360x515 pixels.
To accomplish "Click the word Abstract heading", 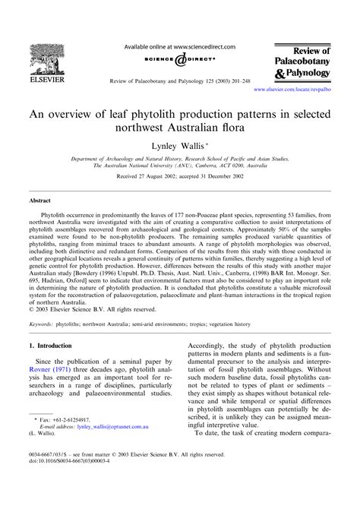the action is tap(40, 203).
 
